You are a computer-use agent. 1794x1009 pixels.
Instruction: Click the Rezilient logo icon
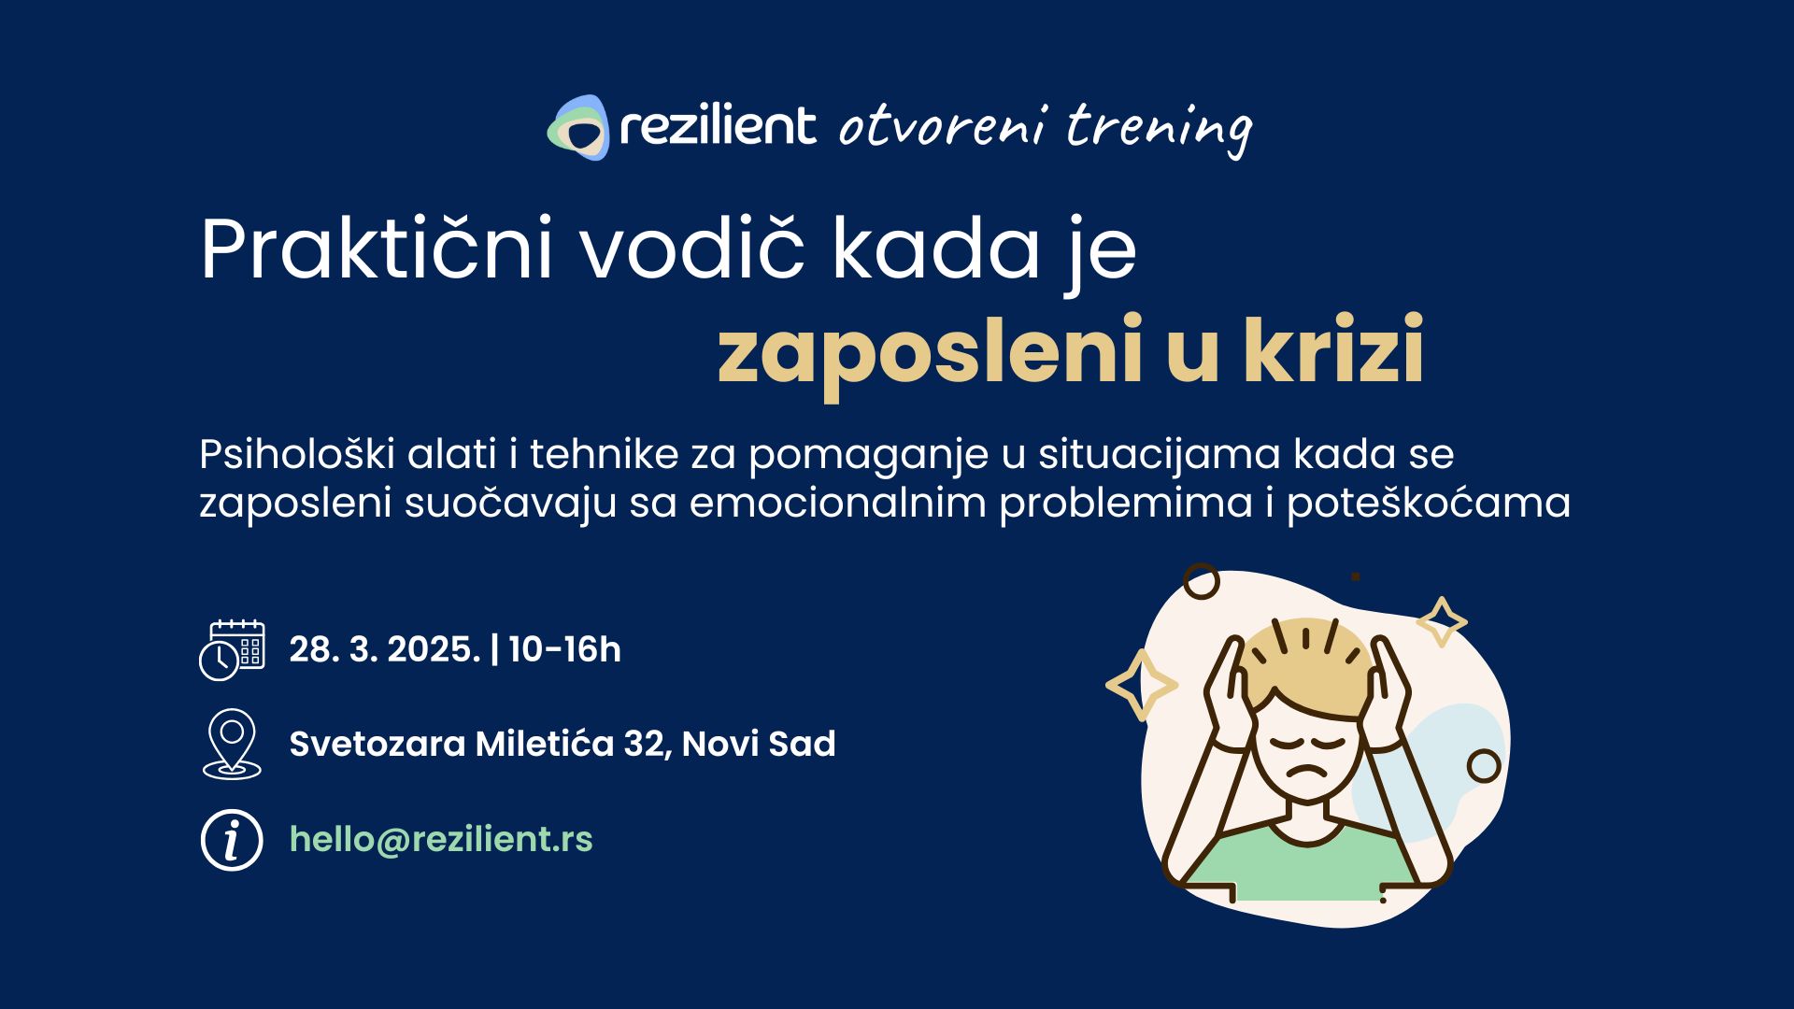(x=577, y=127)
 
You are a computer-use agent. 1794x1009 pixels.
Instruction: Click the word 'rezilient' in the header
(x=718, y=126)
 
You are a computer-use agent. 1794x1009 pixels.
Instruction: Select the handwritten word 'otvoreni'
(x=942, y=127)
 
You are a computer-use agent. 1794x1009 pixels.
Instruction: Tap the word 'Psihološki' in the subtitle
(x=296, y=454)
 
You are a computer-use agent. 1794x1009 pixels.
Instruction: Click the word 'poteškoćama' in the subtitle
(x=1429, y=504)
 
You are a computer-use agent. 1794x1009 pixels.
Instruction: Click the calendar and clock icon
(x=232, y=649)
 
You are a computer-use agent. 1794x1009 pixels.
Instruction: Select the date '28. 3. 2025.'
(x=384, y=649)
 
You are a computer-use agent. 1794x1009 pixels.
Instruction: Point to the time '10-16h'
(x=565, y=649)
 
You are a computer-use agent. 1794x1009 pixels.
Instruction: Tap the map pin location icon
(x=232, y=745)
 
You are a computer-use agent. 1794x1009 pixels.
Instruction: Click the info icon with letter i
(x=232, y=840)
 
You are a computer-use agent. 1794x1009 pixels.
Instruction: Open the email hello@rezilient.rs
(x=441, y=839)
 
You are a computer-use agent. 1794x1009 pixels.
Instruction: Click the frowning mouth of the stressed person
(x=1306, y=773)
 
